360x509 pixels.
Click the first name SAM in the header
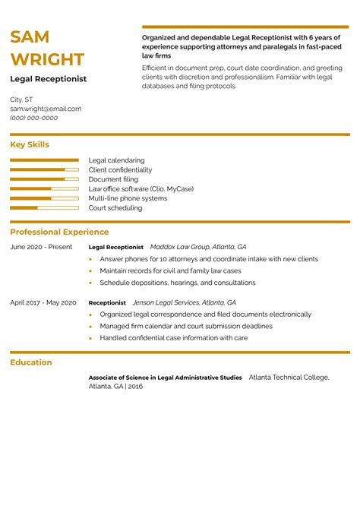tap(30, 37)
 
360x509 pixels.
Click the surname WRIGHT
tap(47, 59)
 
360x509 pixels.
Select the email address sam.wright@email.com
tap(46, 109)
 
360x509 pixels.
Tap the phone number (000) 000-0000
tap(33, 118)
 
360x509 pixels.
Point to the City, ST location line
tap(21, 100)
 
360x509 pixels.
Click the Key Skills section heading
tap(30, 144)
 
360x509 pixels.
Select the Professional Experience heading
tap(59, 232)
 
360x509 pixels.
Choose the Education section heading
tap(31, 362)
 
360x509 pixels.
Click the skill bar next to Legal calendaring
tap(44, 160)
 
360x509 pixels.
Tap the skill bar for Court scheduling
tap(44, 207)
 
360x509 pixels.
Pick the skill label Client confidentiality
tap(120, 170)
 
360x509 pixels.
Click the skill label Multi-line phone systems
tap(128, 198)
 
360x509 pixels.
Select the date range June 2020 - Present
tap(41, 247)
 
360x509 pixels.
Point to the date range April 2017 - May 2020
tap(43, 302)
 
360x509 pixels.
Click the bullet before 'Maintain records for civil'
tap(90, 271)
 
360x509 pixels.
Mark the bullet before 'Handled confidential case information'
tap(90, 338)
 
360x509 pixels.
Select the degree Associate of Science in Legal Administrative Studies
tap(165, 378)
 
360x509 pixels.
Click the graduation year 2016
tap(135, 387)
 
